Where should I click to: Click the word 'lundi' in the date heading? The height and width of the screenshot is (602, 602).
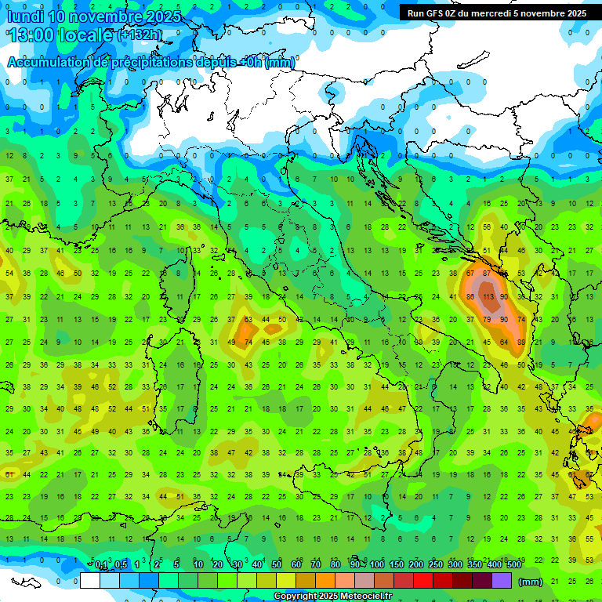(x=24, y=16)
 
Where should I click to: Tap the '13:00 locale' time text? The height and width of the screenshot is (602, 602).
(x=60, y=35)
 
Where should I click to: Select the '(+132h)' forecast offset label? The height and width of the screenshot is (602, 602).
(x=140, y=35)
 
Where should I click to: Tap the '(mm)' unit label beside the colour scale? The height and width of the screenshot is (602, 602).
(x=531, y=582)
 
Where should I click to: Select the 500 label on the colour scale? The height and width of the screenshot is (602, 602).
(x=513, y=565)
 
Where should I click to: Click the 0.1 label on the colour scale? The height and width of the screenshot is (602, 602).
(x=101, y=565)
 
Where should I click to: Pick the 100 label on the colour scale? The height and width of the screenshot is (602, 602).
(x=377, y=565)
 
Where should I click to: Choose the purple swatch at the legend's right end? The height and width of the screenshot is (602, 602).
(x=502, y=581)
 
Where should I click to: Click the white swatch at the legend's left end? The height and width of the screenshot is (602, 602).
(x=89, y=581)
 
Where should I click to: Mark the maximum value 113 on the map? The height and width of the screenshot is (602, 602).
(x=488, y=297)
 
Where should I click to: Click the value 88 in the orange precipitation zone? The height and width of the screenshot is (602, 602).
(x=522, y=343)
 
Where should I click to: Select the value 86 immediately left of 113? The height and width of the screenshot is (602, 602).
(x=470, y=297)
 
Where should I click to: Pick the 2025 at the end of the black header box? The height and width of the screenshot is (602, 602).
(x=575, y=13)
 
